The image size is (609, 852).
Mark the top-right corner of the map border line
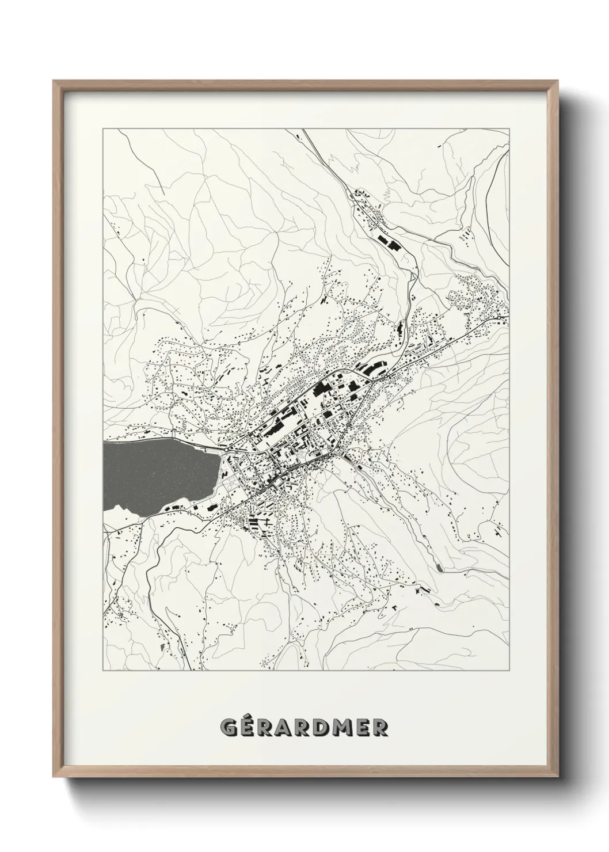click(509, 130)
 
